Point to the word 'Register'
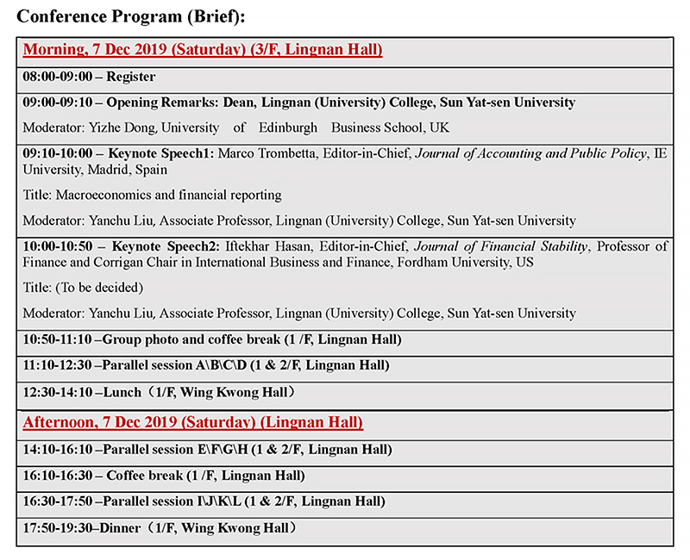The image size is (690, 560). coord(130,77)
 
